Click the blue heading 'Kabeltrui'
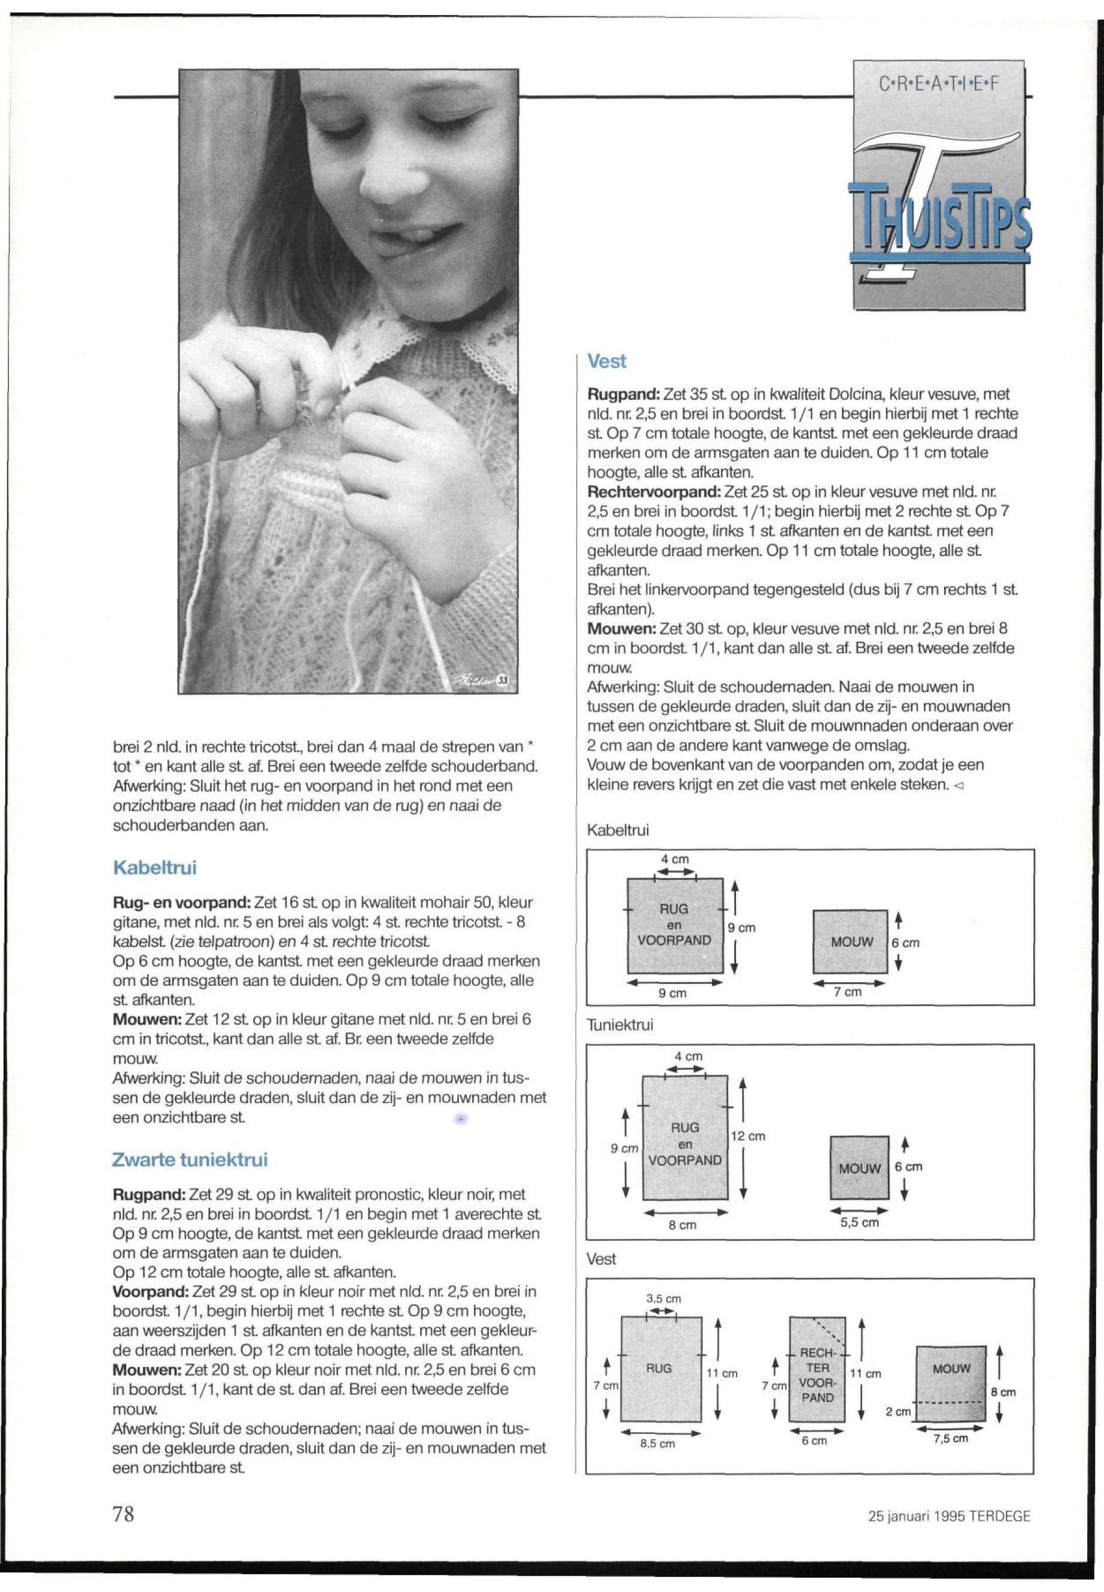coord(154,868)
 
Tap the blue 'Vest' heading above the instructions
coord(606,361)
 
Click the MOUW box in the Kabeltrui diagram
coord(850,942)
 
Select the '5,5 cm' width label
coord(859,1223)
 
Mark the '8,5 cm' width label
coord(658,1444)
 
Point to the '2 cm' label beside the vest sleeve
coord(898,1411)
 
